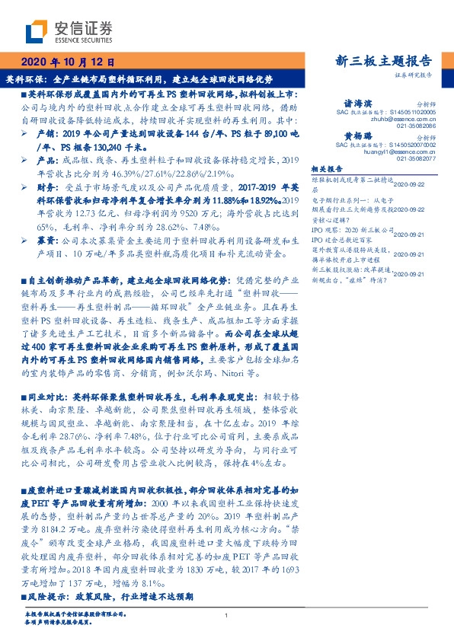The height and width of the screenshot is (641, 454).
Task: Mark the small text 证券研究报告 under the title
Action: [x=414, y=75]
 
